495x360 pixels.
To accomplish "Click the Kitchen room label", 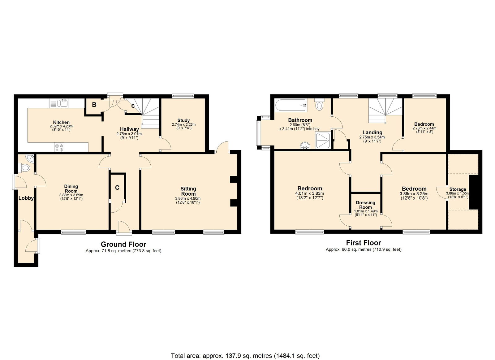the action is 61,122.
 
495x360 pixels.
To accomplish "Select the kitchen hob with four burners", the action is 59,147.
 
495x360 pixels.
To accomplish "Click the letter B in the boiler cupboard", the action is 94,105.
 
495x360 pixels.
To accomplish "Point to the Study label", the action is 183,120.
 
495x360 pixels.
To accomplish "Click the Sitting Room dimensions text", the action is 188,200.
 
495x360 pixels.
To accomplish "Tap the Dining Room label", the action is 71,189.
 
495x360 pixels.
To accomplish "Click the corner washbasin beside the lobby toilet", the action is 30,158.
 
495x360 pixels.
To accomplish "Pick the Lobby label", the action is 26,198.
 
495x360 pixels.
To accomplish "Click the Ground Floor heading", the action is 123,244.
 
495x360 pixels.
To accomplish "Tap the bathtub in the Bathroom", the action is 291,105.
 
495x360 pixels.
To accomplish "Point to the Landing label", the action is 372,132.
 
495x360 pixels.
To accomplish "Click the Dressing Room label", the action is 365,205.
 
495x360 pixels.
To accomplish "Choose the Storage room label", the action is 458,189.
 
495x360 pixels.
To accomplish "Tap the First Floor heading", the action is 364,243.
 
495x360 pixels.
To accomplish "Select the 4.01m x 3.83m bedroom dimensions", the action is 310,196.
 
